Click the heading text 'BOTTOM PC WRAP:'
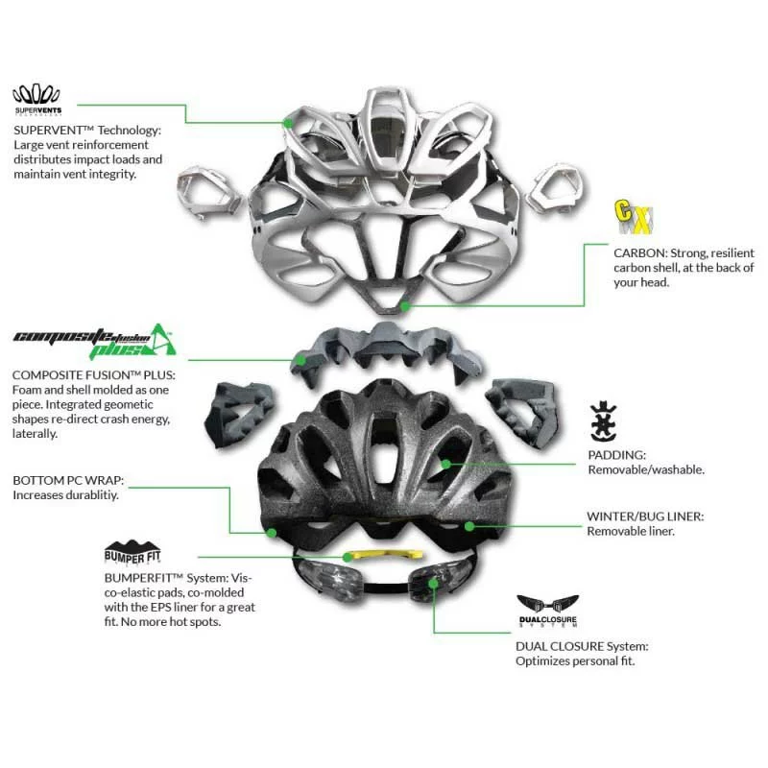tap(68, 480)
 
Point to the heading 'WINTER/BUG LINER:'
tap(645, 516)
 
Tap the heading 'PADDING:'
tap(617, 455)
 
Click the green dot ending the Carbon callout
tap(407, 306)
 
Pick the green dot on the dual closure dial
tap(434, 583)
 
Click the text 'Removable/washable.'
tap(646, 469)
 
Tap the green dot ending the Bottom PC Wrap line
tap(272, 532)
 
